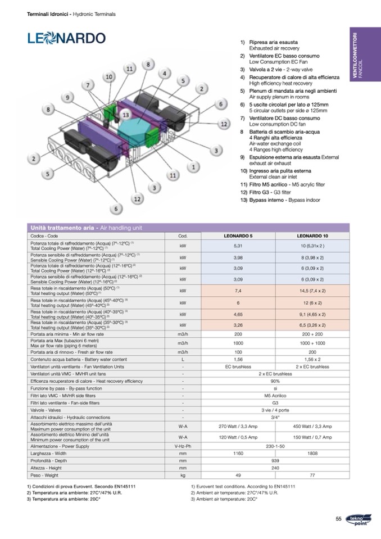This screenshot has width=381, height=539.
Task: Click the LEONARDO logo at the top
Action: [66, 38]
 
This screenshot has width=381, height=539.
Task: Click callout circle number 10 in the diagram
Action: [109, 76]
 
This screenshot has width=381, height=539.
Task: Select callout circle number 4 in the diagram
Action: [164, 74]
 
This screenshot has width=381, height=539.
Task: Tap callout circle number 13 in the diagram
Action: [126, 115]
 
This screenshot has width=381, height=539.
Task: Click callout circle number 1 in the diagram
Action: [194, 167]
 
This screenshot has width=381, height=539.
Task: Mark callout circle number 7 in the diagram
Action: [88, 85]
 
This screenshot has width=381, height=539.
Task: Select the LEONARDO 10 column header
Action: [312, 236]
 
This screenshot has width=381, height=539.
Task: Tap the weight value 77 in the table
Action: [312, 475]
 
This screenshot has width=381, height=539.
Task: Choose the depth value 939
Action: [275, 460]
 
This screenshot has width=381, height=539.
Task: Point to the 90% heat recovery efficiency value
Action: [275, 381]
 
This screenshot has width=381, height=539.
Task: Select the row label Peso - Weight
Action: [44, 475]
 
